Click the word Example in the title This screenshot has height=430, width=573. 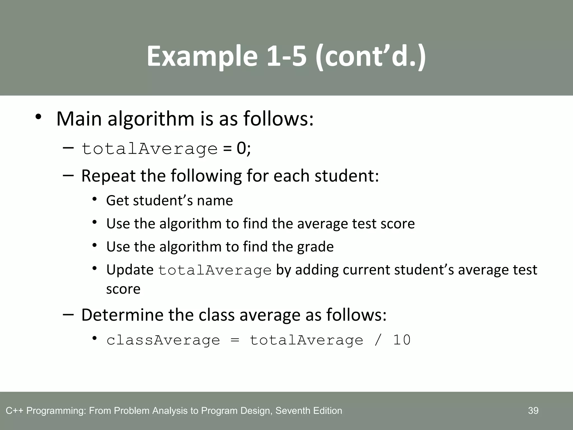[x=202, y=57]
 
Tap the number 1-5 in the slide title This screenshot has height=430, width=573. [x=286, y=57]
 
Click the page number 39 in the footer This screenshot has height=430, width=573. [x=533, y=411]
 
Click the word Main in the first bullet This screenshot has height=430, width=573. [x=79, y=119]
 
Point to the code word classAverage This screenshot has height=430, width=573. [x=163, y=340]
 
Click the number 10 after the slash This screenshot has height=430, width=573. [x=402, y=340]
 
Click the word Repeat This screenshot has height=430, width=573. [x=108, y=176]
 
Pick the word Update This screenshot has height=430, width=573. [x=130, y=270]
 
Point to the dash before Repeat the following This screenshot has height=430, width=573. [x=68, y=176]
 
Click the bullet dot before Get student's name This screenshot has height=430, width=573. [x=95, y=199]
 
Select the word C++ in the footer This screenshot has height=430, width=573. [x=15, y=411]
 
